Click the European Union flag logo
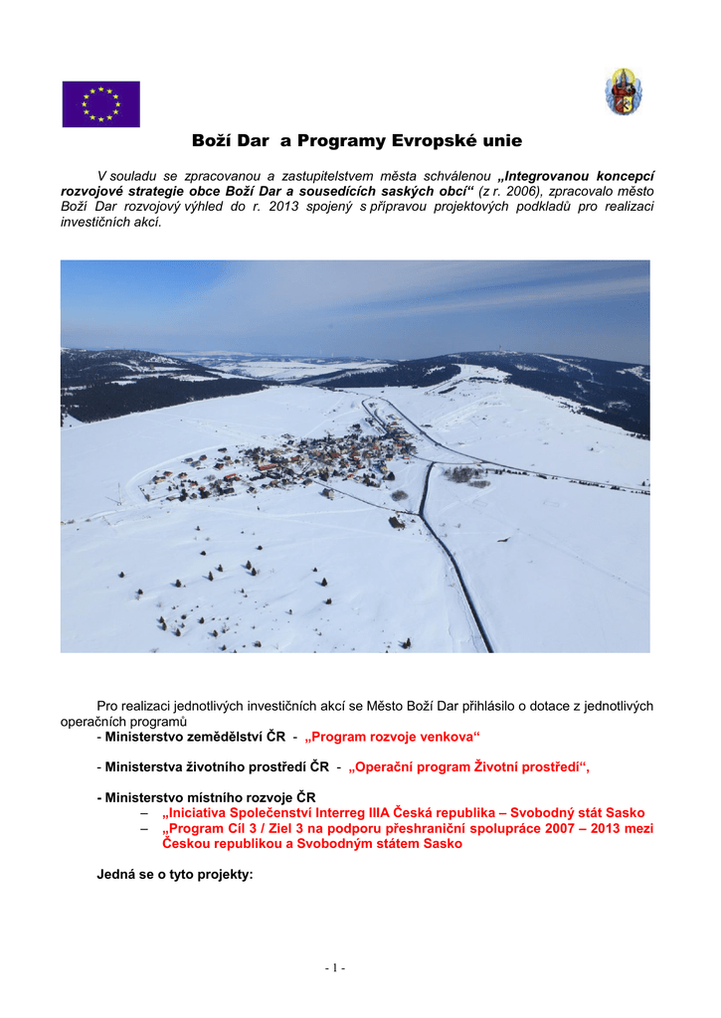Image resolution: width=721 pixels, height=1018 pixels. click(101, 104)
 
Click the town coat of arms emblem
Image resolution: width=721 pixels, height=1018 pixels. click(624, 91)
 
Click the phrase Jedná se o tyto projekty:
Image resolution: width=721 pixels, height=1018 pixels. click(175, 875)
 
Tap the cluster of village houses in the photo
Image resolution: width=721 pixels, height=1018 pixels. click(298, 462)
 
